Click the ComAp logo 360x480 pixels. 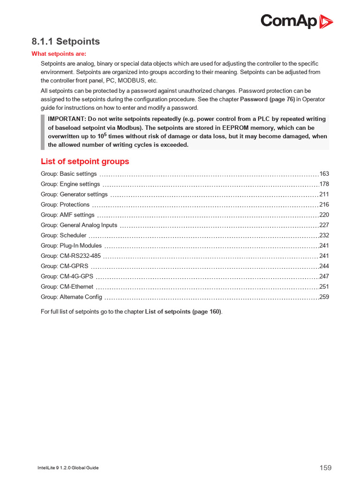(297, 21)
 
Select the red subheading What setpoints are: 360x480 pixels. (59, 54)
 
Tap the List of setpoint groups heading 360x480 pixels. (85, 162)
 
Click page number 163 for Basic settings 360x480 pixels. (324, 174)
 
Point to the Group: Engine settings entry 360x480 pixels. (70, 184)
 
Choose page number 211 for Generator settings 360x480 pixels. (324, 195)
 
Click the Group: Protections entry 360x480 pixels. (65, 205)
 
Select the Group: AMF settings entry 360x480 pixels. (67, 215)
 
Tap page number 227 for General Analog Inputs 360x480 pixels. (324, 225)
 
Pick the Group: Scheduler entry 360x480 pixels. (64, 235)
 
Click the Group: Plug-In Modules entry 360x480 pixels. (71, 246)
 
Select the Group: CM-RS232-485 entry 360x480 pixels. (71, 256)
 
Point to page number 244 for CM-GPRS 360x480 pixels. (324, 266)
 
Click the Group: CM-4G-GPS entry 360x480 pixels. (67, 277)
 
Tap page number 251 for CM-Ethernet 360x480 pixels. (324, 287)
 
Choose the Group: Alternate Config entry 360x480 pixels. (71, 297)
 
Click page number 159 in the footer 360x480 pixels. (325, 468)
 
